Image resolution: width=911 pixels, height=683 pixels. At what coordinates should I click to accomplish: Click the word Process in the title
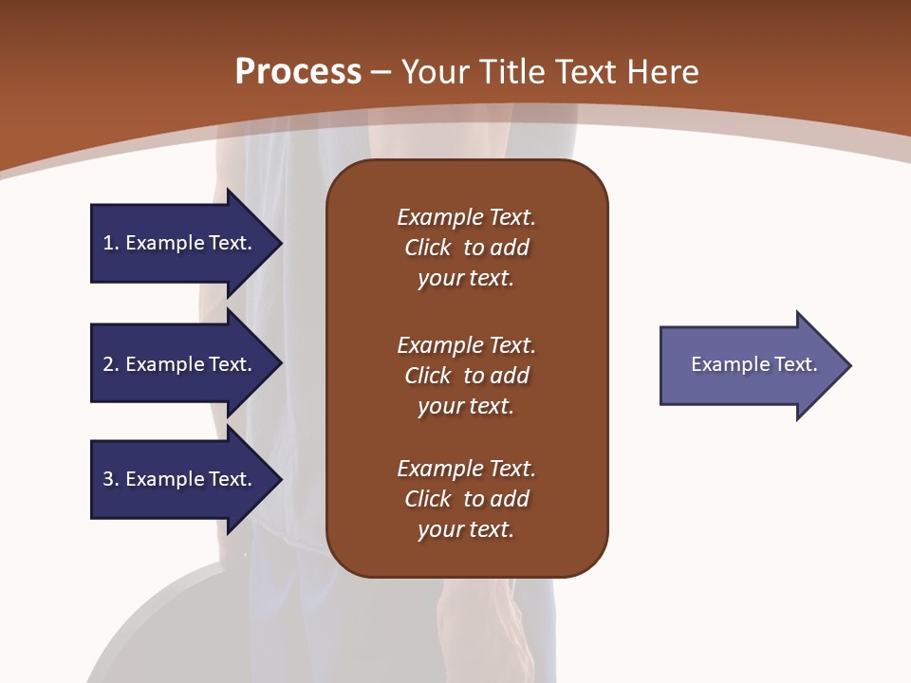298,72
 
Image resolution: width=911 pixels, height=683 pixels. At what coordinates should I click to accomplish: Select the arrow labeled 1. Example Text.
180,243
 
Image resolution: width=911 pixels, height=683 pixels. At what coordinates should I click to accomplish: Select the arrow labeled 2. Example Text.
180,364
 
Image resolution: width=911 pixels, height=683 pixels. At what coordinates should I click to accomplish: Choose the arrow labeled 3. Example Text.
180,479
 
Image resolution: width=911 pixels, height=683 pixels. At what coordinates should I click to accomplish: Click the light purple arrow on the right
750,365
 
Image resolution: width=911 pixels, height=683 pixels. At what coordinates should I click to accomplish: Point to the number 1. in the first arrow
110,243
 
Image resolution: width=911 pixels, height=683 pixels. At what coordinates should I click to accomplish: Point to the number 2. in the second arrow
110,364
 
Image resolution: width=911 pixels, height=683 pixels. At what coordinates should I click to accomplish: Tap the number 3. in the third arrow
110,479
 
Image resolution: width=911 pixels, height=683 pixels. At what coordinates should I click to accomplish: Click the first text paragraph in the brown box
466,248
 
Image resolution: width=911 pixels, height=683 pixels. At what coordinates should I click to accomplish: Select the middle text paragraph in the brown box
466,376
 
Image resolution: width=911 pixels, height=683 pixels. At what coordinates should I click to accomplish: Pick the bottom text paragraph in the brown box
466,499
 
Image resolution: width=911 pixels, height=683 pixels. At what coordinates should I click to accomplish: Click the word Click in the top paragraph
427,248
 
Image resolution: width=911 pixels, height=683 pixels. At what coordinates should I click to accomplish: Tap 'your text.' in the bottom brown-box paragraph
466,529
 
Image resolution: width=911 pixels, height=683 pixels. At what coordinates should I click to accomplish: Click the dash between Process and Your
381,72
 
